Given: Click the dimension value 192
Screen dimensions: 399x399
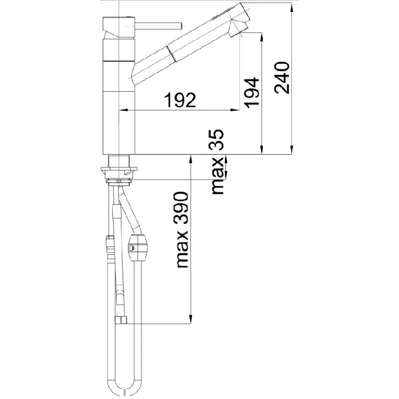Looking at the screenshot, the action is click(180, 100).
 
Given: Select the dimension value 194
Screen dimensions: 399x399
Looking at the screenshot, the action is click(252, 92).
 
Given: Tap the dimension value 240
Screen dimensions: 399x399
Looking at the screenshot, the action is click(282, 78).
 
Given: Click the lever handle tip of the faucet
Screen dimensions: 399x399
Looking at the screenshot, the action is click(180, 26).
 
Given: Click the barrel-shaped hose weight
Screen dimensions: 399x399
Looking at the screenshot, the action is click(138, 247).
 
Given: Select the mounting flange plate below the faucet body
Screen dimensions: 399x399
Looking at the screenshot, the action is click(119, 169).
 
